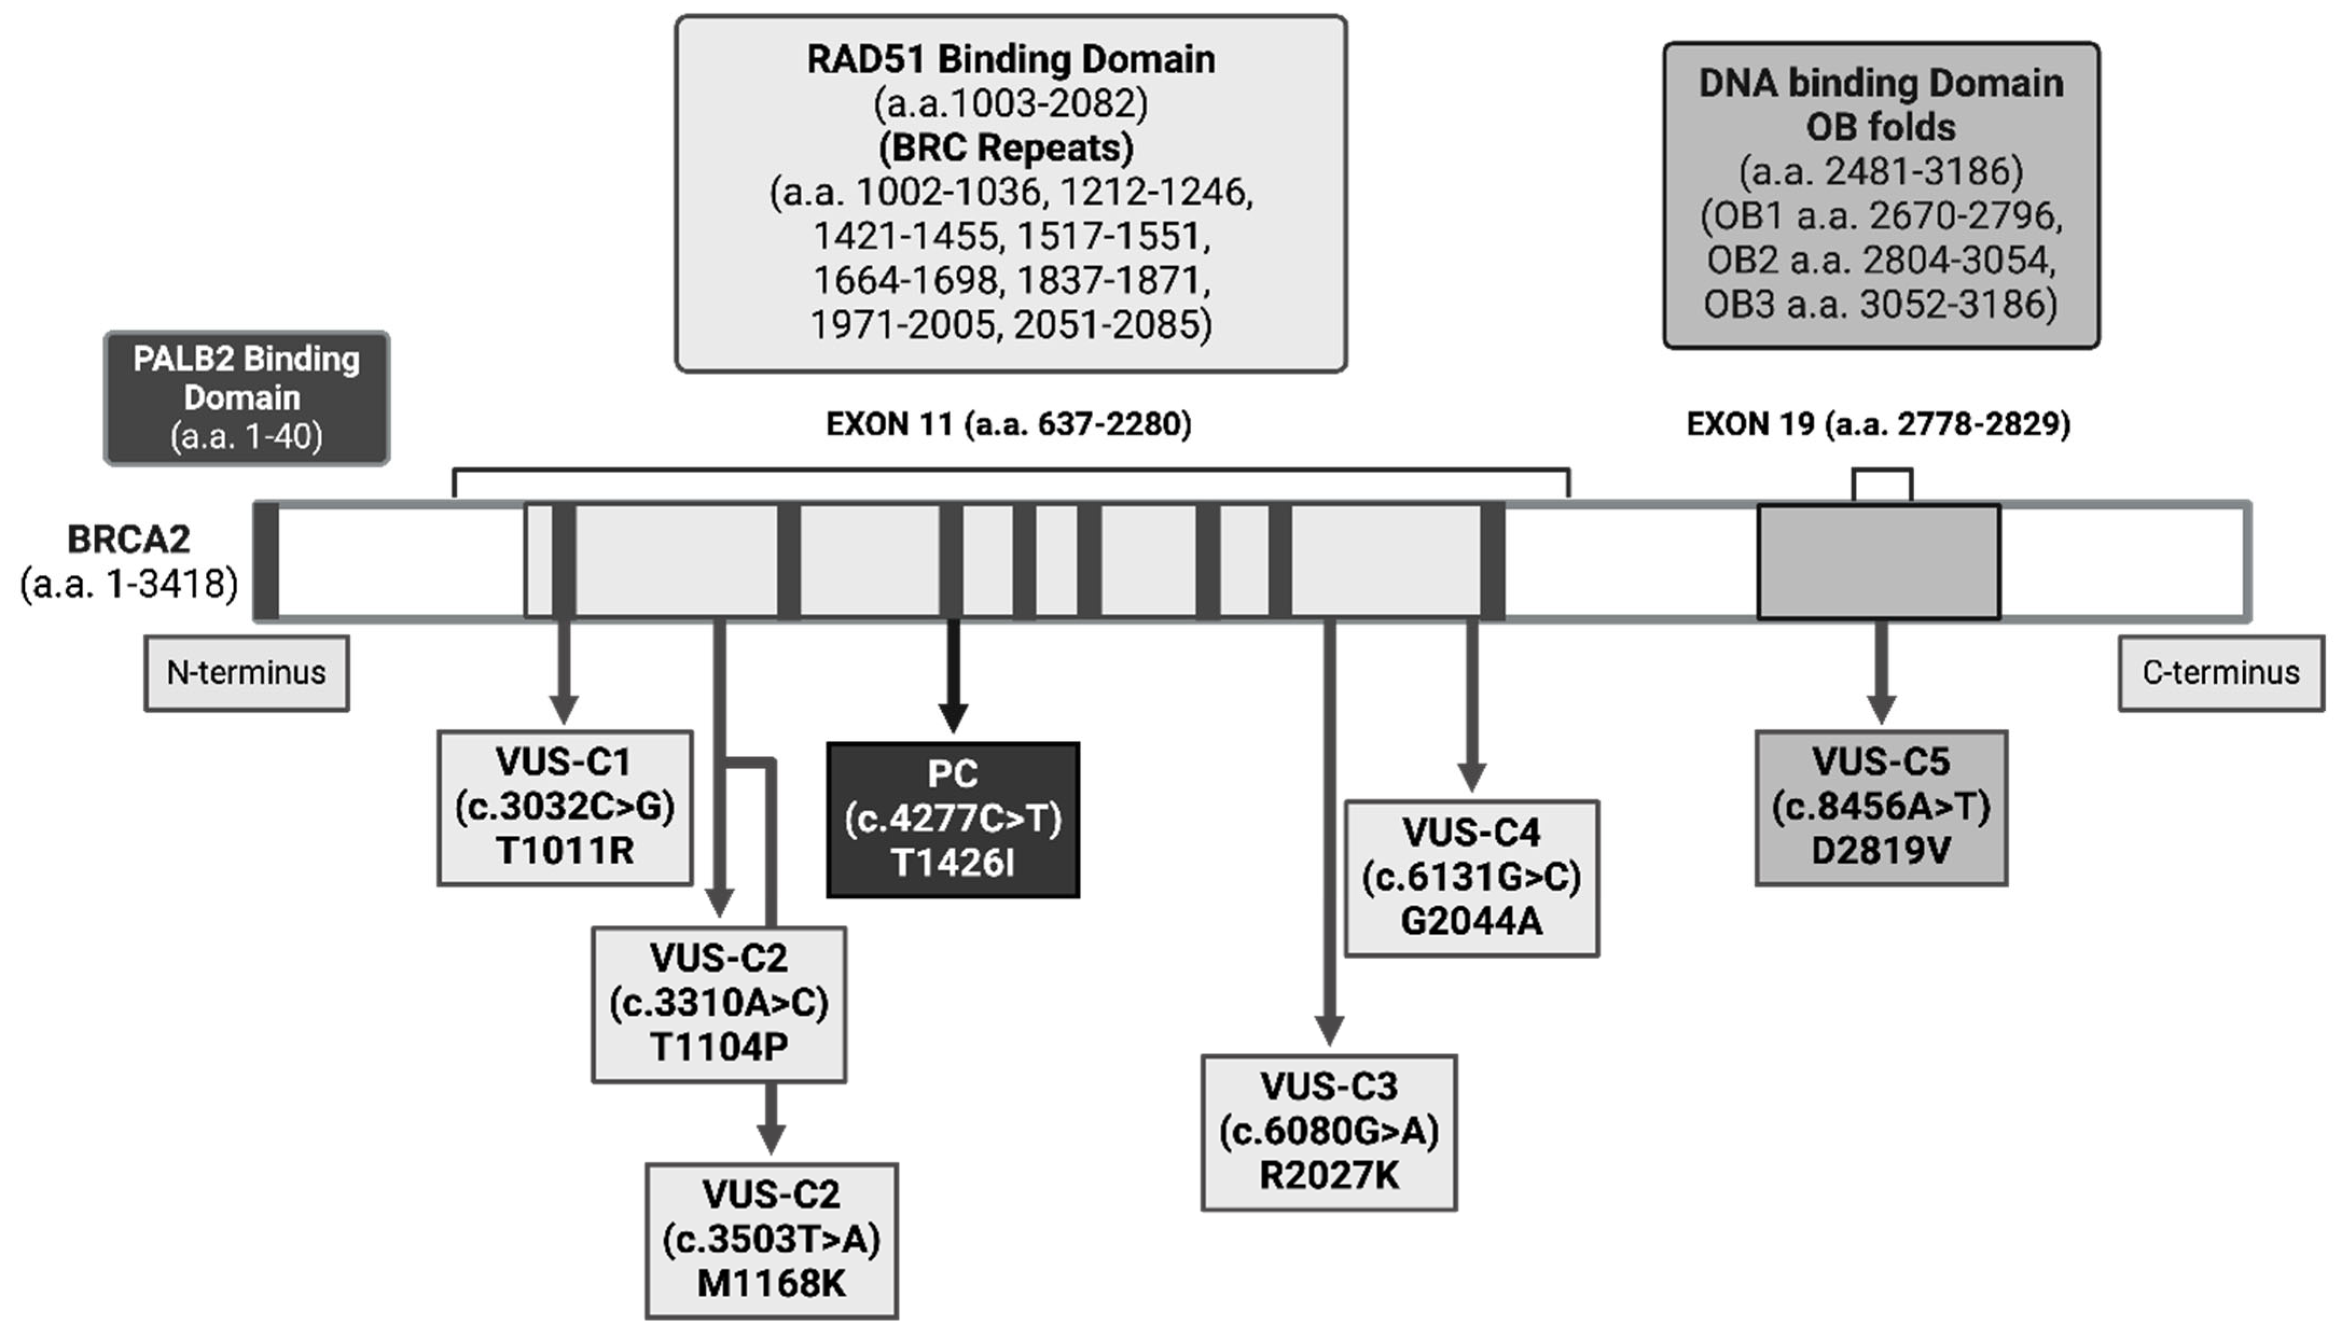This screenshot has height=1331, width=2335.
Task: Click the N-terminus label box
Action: tap(246, 674)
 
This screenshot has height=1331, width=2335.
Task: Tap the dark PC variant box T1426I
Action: tap(953, 819)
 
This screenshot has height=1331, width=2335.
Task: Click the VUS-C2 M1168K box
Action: tap(772, 1239)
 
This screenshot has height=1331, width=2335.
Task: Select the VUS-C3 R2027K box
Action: tap(1328, 1132)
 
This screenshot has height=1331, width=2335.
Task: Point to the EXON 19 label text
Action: tap(1878, 424)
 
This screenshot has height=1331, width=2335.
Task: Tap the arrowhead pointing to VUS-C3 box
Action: tap(1328, 1028)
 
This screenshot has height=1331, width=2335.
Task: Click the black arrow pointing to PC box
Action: tap(953, 676)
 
